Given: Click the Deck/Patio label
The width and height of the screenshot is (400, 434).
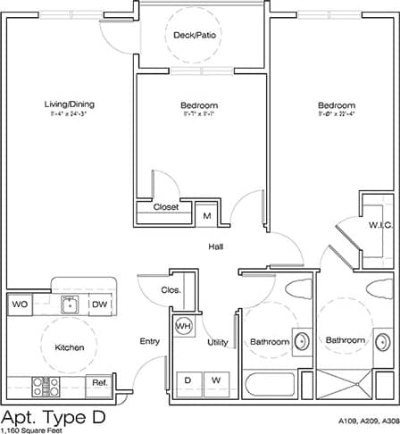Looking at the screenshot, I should [196, 35].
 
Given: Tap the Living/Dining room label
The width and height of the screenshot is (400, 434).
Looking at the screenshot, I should [70, 104].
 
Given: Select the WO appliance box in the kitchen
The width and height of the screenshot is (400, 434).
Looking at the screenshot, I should [20, 305].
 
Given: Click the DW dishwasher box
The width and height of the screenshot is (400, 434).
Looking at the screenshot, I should [99, 305].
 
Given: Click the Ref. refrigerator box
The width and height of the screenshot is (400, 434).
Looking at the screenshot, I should [98, 384].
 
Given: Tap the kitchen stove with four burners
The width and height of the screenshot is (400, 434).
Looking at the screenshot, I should [46, 386].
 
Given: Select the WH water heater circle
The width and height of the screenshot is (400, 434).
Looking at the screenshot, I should [184, 327].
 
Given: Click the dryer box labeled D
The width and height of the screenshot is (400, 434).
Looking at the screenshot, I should [188, 381].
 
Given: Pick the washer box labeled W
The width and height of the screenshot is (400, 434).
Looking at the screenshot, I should [215, 381].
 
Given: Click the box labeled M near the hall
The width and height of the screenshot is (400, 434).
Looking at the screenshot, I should [206, 215].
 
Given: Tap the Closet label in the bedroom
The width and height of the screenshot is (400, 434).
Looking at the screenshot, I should [166, 207].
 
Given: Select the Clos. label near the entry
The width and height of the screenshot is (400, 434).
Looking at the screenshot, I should [171, 290].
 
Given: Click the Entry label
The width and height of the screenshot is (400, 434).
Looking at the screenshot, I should [149, 341].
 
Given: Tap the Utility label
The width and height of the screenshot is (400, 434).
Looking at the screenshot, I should [217, 342].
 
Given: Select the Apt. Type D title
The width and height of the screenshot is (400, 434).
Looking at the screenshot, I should [53, 416].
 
